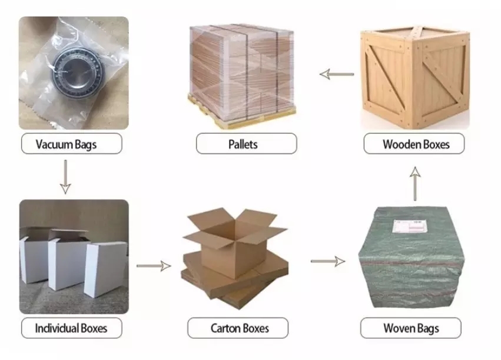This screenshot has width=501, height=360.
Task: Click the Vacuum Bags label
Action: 66,144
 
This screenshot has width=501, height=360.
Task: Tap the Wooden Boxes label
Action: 416,144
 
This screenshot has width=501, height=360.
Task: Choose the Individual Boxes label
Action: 71,328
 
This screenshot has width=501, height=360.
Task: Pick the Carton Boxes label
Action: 240,328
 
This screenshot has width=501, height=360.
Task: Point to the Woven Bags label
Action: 411,328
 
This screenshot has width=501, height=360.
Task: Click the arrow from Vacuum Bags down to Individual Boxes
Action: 65,177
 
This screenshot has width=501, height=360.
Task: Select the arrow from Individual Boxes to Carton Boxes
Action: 154,266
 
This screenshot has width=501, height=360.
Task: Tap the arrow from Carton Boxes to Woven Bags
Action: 328,261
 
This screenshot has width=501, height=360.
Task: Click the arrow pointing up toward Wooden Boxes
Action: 415,184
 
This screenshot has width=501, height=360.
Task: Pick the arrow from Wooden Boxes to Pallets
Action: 337,74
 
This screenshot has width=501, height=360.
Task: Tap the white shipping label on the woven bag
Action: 410,226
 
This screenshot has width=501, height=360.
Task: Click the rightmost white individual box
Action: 106,269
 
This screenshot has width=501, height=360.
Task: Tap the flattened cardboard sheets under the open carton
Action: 235,281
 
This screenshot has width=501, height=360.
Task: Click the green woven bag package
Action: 411,257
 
